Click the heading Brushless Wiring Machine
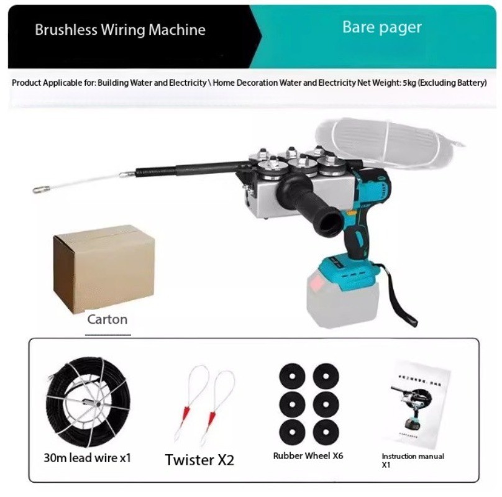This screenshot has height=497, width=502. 120,30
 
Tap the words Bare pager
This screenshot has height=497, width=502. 381,27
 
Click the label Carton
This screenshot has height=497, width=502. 107,320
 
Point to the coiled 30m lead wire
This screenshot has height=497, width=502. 86,404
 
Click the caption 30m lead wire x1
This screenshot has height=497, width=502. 88,458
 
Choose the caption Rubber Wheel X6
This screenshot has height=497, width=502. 308,456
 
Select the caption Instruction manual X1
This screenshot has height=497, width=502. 413,460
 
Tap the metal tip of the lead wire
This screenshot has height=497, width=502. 42,188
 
